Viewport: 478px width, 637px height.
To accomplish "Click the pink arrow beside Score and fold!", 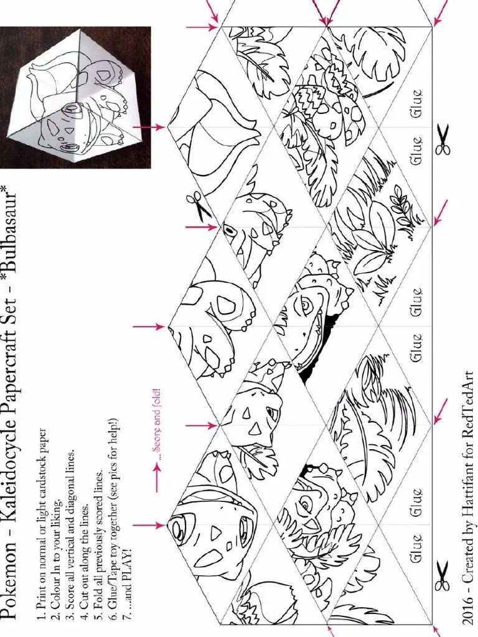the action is click(x=157, y=478).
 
